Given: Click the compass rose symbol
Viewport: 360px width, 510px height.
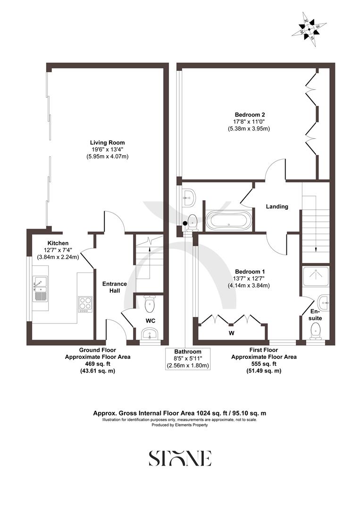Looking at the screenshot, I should tap(310, 29).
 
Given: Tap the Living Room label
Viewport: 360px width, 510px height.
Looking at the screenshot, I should tap(108, 142).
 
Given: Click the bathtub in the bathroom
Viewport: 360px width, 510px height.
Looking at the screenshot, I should tap(229, 221).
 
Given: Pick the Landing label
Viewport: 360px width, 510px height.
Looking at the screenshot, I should tap(277, 206).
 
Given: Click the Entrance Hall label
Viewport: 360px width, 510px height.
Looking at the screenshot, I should tap(115, 287).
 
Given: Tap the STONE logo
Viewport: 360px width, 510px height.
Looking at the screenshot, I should tap(180, 458).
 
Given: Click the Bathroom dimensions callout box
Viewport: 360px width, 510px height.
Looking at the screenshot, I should tap(188, 358).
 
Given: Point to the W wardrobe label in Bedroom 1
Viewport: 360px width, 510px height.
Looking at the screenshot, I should tap(231, 332).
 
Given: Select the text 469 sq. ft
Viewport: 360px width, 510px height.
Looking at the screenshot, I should tap(97, 364).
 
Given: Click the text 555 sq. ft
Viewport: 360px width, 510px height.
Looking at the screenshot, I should tap(264, 364).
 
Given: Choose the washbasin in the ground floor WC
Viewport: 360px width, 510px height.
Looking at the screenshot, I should tap(151, 335).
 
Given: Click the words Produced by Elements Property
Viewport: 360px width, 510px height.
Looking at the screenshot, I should tap(180, 425).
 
